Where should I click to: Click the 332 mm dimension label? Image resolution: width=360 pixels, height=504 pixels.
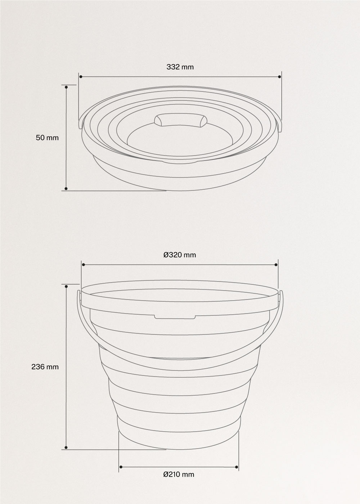click(180, 67)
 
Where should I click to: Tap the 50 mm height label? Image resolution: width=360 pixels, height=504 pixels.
click(47, 138)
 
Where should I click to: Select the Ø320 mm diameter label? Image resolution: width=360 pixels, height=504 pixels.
click(180, 255)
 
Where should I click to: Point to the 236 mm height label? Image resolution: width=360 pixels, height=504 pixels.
click(45, 367)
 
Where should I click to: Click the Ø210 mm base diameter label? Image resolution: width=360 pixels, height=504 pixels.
click(179, 474)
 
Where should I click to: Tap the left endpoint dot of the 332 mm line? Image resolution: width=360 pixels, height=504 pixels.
click(81, 77)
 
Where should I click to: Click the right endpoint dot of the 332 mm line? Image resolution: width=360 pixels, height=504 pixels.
click(280, 77)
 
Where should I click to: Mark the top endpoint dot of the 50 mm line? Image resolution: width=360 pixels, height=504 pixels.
click(66, 87)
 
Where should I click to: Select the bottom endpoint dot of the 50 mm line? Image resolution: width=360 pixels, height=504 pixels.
click(66, 188)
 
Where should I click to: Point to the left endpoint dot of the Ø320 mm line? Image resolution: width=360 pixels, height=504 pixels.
click(83, 265)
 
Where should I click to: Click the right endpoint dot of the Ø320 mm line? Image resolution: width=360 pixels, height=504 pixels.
click(276, 265)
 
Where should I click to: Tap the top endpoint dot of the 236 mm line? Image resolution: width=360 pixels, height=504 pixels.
click(66, 286)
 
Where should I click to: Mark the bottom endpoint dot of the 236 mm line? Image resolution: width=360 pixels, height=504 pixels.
click(66, 447)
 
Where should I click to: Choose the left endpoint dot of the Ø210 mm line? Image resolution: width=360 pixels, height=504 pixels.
click(121, 467)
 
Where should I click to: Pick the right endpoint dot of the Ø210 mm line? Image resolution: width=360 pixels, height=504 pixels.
click(237, 467)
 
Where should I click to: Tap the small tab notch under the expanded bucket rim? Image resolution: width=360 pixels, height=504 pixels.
click(175, 316)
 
